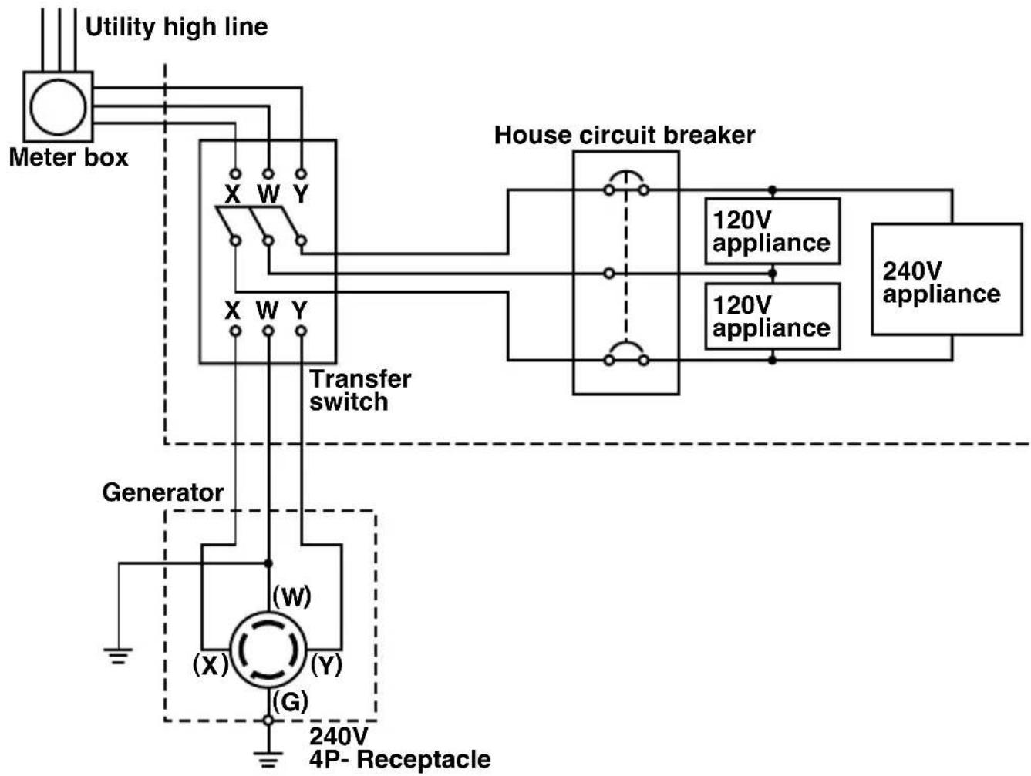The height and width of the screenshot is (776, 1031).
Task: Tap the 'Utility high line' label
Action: click(177, 27)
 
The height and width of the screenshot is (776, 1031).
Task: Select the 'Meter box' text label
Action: click(69, 158)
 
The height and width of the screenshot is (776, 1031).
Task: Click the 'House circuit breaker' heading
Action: click(625, 136)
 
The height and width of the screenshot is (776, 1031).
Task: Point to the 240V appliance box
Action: click(947, 280)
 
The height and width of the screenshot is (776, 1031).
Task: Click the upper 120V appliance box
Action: click(773, 231)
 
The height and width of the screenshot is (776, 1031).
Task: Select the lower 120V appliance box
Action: click(773, 316)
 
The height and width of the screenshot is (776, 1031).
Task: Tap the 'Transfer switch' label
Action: click(360, 391)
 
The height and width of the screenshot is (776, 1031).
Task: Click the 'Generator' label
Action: click(163, 492)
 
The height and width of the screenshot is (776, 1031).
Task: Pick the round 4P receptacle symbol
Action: click(268, 650)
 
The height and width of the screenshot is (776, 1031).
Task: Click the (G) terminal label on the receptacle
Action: click(291, 702)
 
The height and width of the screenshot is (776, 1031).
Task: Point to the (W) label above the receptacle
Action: click(292, 596)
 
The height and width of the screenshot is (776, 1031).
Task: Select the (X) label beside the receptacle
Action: click(211, 665)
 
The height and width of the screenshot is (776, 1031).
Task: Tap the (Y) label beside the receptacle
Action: click(326, 665)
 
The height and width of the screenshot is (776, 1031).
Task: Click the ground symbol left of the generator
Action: click(118, 656)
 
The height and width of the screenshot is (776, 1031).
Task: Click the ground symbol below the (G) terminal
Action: click(268, 760)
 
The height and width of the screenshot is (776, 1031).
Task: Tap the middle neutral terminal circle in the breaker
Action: click(609, 273)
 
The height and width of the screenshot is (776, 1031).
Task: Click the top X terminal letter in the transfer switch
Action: click(233, 193)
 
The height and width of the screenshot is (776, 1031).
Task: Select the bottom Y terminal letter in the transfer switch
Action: click(300, 311)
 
